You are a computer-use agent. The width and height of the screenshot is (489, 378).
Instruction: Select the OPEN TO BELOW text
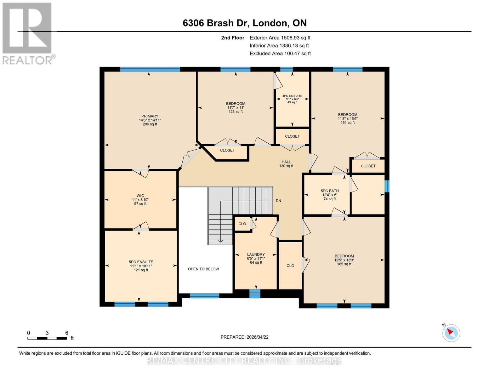[x=203, y=269]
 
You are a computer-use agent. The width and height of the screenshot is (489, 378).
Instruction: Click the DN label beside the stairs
[x=278, y=201]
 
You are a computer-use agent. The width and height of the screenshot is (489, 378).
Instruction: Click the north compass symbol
[x=451, y=333]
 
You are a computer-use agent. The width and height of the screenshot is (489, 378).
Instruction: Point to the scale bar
[x=47, y=338]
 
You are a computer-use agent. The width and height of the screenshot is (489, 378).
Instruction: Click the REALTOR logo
[x=28, y=33]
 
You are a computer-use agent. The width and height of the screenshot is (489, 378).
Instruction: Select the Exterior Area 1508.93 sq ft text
[x=280, y=38]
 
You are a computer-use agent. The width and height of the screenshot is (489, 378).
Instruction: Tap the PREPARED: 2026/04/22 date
[x=244, y=337]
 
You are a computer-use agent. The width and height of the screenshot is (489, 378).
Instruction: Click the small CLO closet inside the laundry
[x=242, y=224]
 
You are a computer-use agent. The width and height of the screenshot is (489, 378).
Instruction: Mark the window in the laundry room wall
[x=255, y=294]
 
